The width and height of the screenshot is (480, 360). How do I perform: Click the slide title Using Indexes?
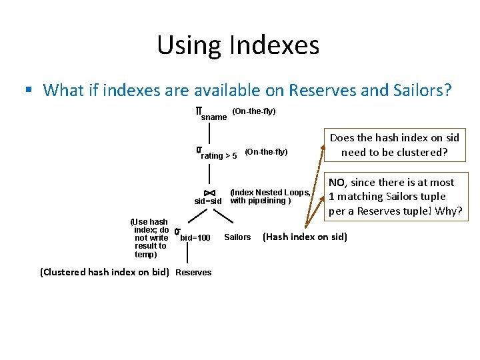[238, 45]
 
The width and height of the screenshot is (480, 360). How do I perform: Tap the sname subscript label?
[214, 117]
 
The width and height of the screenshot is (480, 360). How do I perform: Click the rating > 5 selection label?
[219, 155]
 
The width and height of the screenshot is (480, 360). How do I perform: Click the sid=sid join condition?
[208, 201]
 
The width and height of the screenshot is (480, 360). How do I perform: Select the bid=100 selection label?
[195, 238]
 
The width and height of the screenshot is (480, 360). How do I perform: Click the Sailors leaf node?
[237, 237]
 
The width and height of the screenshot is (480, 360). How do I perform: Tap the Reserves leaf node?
[193, 272]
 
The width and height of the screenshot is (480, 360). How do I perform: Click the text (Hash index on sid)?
[305, 237]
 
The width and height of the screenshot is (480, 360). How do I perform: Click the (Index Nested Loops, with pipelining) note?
[269, 196]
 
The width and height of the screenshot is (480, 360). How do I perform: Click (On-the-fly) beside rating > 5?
[266, 152]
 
